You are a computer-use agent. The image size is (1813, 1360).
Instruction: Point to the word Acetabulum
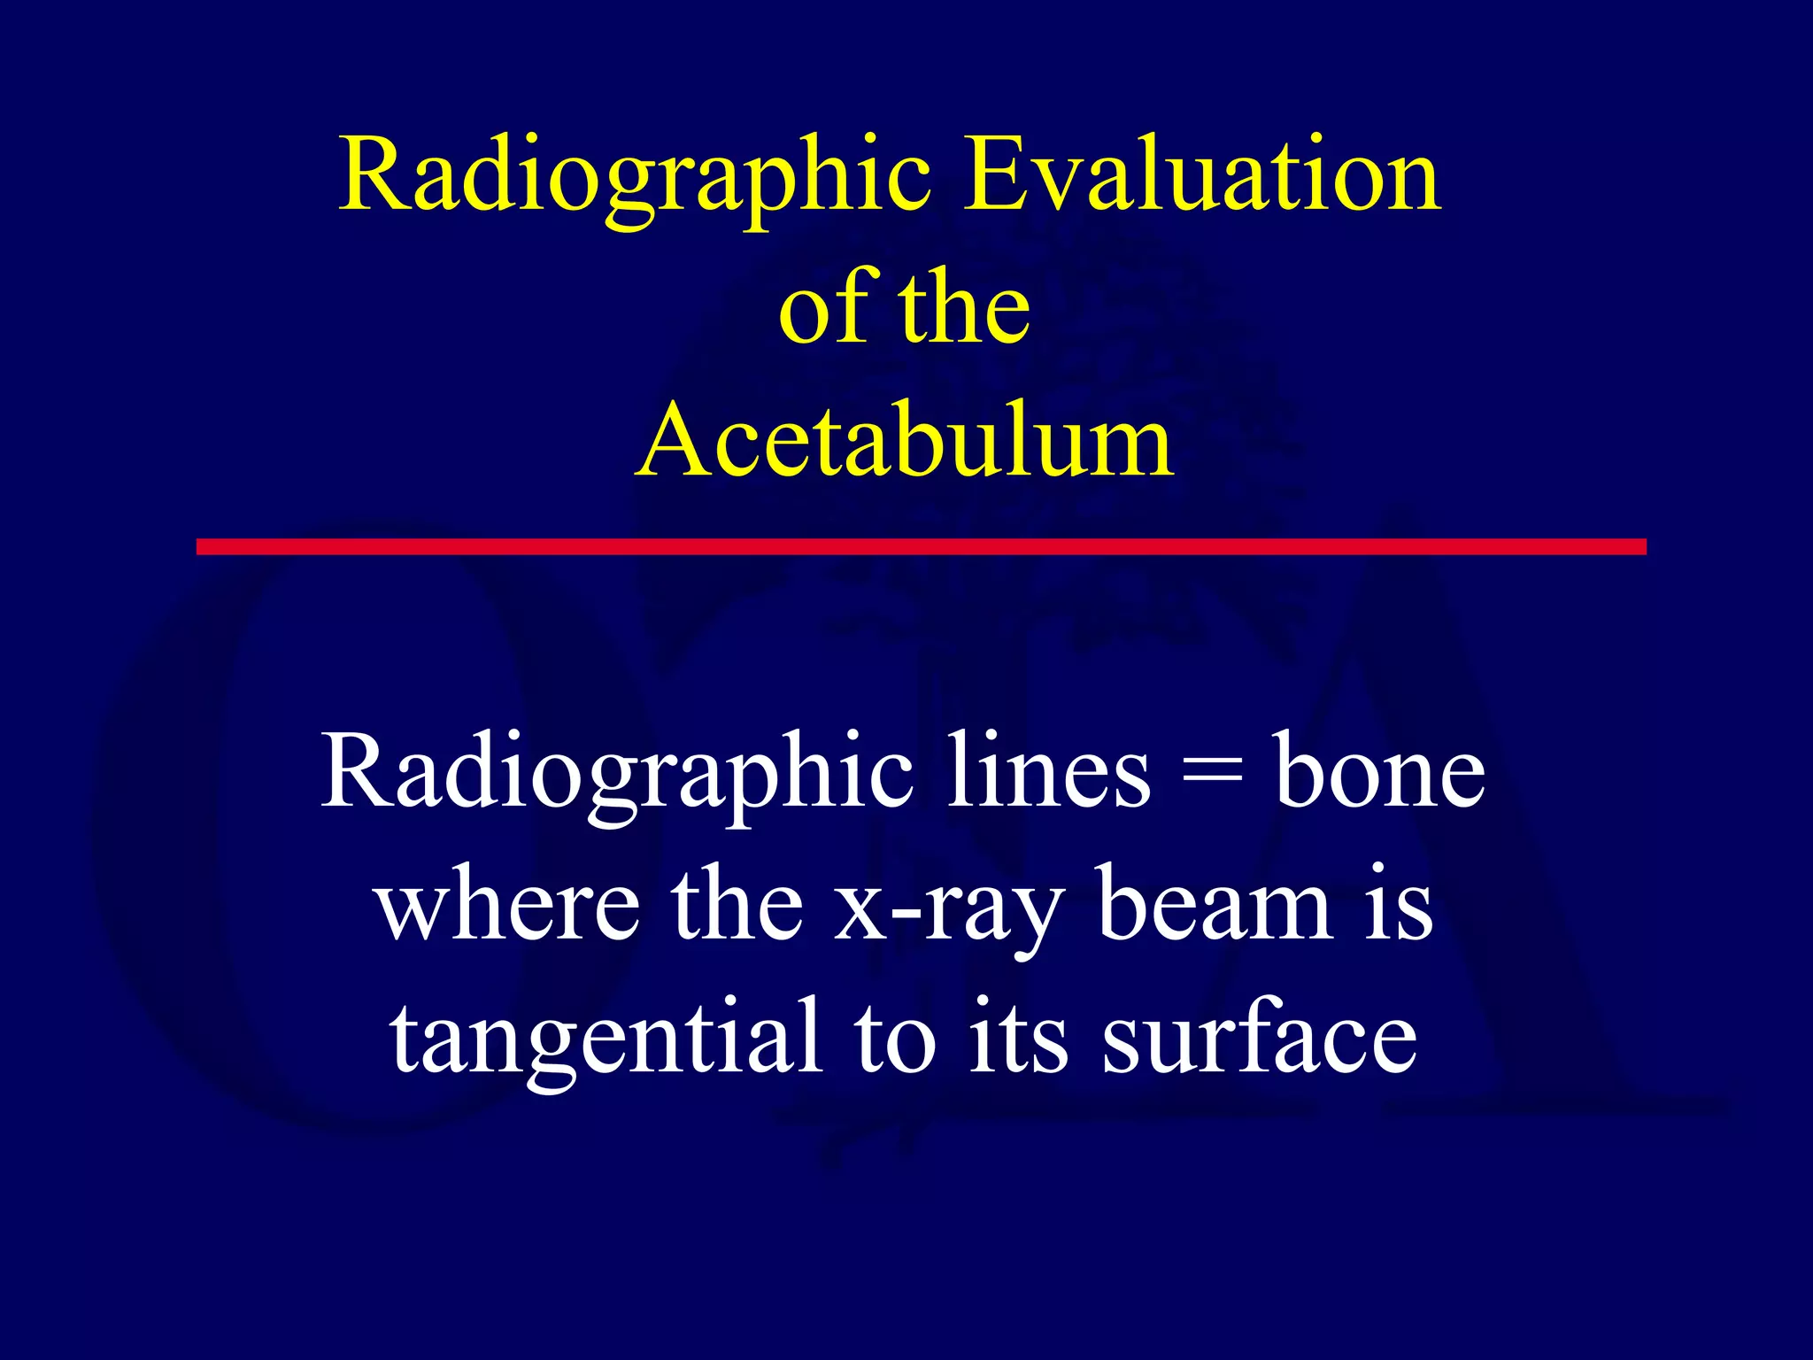tap(905, 440)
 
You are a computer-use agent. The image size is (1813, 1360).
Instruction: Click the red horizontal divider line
tap(921, 546)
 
